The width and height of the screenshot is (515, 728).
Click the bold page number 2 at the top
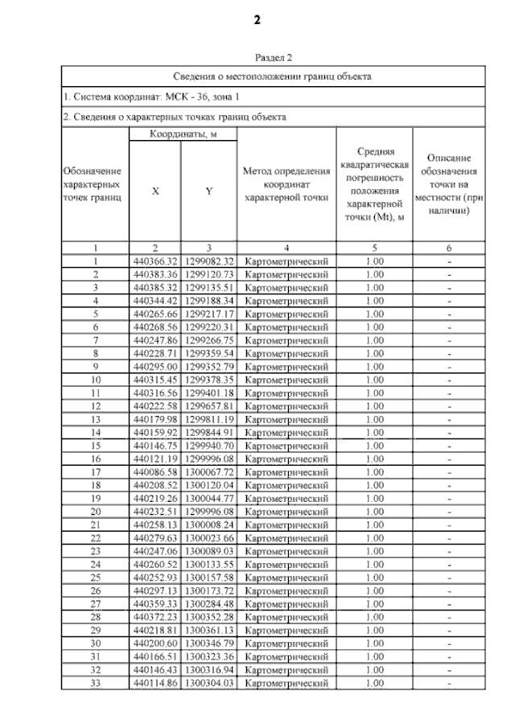pyautogui.click(x=257, y=20)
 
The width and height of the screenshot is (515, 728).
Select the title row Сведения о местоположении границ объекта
pyautogui.click(x=273, y=77)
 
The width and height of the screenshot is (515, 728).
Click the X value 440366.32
pyautogui.click(x=154, y=261)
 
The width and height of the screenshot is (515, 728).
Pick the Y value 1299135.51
pyautogui.click(x=208, y=286)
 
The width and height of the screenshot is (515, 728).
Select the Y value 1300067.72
pyautogui.click(x=208, y=472)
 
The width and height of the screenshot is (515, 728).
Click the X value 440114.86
pyautogui.click(x=154, y=684)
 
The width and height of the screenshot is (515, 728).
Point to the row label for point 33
pyautogui.click(x=96, y=684)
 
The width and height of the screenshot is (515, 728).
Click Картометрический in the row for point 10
pyautogui.click(x=286, y=380)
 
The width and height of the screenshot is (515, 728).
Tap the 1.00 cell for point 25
pyautogui.click(x=374, y=578)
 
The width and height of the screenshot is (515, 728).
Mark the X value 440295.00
pyautogui.click(x=154, y=366)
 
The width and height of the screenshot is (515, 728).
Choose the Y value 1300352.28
pyautogui.click(x=208, y=618)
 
